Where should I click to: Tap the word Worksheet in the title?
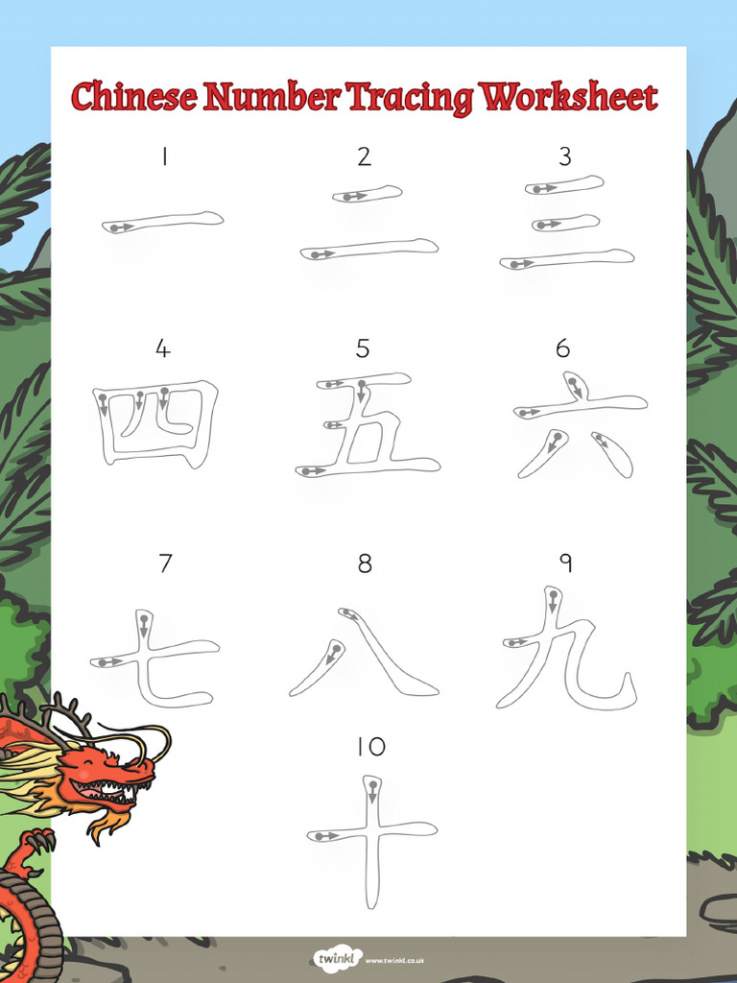pos(569,97)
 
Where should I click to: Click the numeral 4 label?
pos(163,349)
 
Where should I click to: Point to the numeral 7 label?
pos(165,563)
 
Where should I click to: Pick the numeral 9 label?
pos(566,563)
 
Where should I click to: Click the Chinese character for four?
pos(155,423)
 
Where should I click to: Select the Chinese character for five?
pos(368,424)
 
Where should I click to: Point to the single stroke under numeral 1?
pos(163,223)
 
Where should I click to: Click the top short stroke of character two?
pos(368,194)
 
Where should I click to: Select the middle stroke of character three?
pos(565,223)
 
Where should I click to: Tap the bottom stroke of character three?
pos(566,258)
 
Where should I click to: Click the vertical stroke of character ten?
pos(372,845)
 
